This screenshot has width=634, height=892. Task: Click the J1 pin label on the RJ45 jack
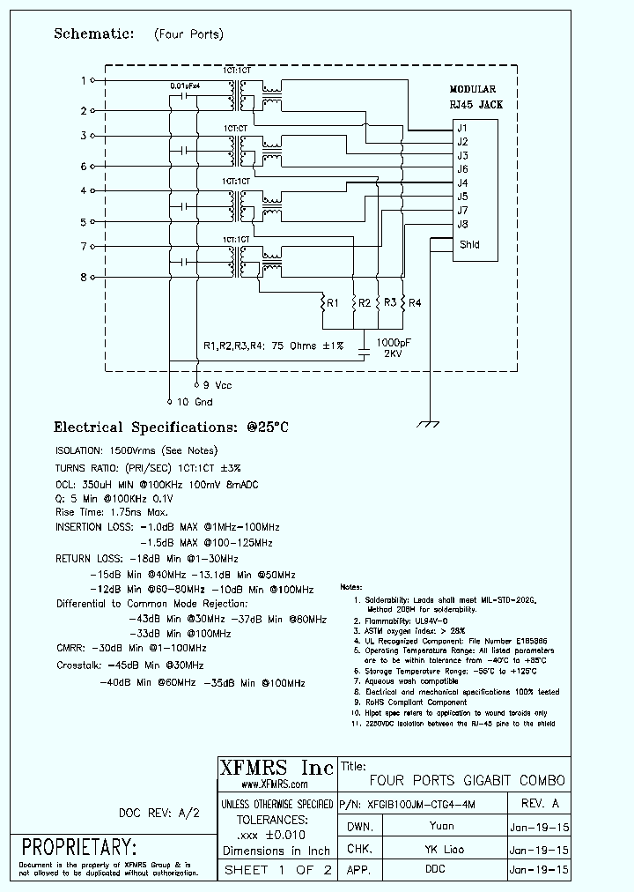coord(462,129)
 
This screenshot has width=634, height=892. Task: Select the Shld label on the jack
coord(469,244)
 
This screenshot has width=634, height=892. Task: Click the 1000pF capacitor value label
coord(392,342)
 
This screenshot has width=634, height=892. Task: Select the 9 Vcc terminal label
coord(218,385)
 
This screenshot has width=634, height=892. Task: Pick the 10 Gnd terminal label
coord(195,402)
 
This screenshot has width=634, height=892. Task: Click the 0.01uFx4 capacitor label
coord(185,85)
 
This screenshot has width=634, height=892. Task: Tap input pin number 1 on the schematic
coord(85,80)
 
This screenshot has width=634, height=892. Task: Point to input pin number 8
coord(85,277)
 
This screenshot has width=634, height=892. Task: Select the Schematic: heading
coord(94,33)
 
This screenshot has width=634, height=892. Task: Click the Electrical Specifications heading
coord(172,427)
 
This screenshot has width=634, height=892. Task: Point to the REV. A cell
coord(540,804)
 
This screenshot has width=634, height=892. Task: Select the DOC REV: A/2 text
coord(159,813)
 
